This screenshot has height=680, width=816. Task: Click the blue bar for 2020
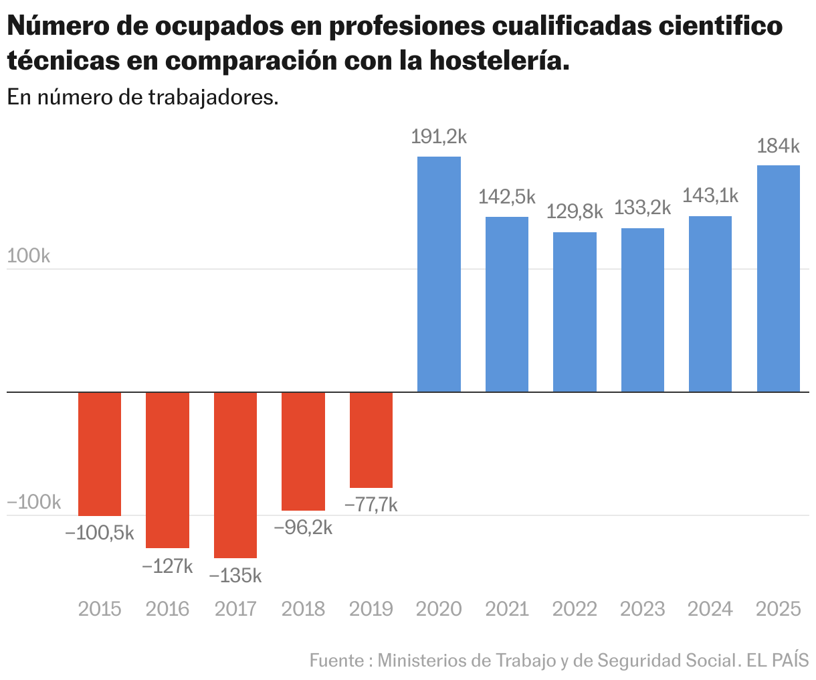point(439,274)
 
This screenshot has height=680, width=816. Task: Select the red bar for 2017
point(235,475)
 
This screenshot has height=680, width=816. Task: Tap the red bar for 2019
point(371,440)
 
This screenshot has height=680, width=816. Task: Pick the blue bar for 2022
point(575,312)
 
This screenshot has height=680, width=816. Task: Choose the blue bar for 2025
point(778,278)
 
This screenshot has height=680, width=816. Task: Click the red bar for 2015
point(100,454)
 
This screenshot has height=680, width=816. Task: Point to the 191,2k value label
point(439,137)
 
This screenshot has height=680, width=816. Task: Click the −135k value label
point(235,576)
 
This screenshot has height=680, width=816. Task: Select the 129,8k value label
point(575,212)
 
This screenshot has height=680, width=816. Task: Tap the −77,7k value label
point(371,505)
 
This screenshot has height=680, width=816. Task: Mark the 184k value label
point(778,147)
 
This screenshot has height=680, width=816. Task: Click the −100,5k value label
point(100,533)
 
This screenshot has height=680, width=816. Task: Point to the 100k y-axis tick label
point(29,256)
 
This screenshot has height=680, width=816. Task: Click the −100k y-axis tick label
point(34,503)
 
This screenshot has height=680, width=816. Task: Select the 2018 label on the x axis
point(303,609)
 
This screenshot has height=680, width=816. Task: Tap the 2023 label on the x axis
point(642,609)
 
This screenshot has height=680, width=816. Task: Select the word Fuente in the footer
point(336,661)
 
